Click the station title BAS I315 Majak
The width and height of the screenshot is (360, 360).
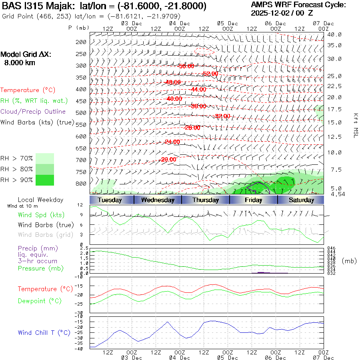[x=38, y=6]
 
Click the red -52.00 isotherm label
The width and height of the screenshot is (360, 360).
[x=210, y=74]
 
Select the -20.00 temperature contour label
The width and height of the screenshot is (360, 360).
[x=168, y=159]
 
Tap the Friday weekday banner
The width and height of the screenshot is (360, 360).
[x=254, y=200]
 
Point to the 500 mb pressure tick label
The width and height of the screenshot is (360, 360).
[x=81, y=113]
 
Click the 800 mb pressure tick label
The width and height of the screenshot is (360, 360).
[x=81, y=184]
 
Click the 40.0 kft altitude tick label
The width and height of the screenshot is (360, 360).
[x=334, y=34]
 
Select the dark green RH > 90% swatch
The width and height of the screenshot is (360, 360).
[x=45, y=180]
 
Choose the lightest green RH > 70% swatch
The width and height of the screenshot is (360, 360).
[x=45, y=158]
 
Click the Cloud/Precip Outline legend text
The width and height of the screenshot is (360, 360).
[x=33, y=112]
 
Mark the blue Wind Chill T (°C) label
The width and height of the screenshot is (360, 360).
[x=44, y=333]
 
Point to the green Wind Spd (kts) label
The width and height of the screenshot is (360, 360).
[x=41, y=215]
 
